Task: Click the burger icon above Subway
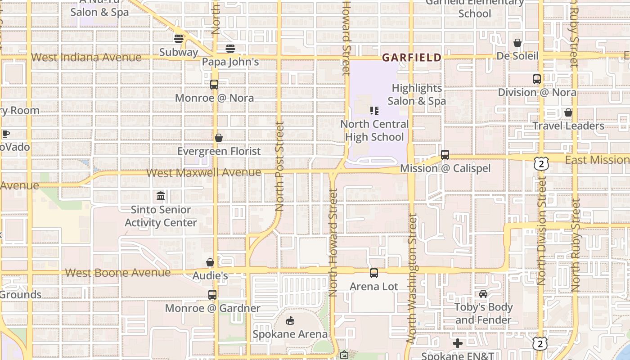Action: point(179,39)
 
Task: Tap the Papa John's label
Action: point(230,62)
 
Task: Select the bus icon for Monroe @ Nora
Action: point(214,84)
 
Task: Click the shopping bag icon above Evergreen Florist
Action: point(219,138)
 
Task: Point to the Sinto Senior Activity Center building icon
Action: point(161,196)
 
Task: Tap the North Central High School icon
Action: point(374,110)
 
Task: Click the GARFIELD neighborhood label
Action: point(411,58)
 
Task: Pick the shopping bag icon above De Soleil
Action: point(517,43)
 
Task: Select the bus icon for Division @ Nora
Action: point(536,79)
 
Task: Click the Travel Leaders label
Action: point(568,126)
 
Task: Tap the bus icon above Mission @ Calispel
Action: point(445,155)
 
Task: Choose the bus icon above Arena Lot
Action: point(373,273)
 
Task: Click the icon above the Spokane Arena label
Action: point(290,321)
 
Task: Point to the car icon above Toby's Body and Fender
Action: point(483,294)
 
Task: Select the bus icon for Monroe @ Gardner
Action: point(212,295)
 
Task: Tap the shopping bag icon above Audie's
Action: point(210,262)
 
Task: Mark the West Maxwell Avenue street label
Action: point(203,172)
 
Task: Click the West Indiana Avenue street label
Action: point(86,57)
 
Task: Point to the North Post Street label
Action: point(279,166)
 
